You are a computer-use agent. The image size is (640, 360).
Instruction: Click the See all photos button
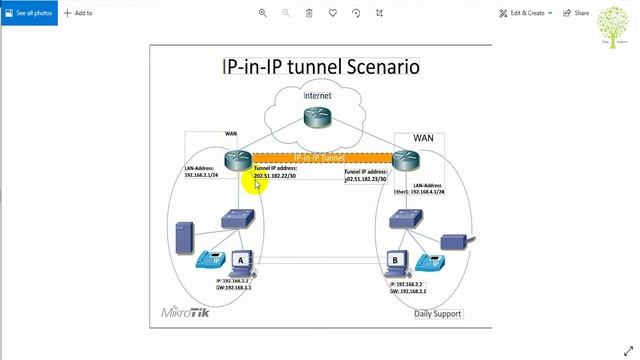[x=29, y=13]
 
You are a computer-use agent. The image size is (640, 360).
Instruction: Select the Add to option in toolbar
[x=78, y=13]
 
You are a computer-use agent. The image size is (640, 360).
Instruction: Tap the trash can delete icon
[x=309, y=13]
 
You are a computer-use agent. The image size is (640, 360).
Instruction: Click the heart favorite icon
[x=333, y=13]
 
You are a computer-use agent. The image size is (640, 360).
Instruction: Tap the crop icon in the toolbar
[x=379, y=13]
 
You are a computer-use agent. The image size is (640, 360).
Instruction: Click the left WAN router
[x=238, y=159]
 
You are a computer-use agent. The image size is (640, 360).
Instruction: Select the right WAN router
[x=404, y=159]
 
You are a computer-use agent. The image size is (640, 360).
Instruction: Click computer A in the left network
[x=238, y=262]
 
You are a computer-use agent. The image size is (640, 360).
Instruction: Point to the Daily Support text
[x=438, y=314]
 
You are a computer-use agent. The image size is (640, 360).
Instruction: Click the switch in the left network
[x=240, y=217]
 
